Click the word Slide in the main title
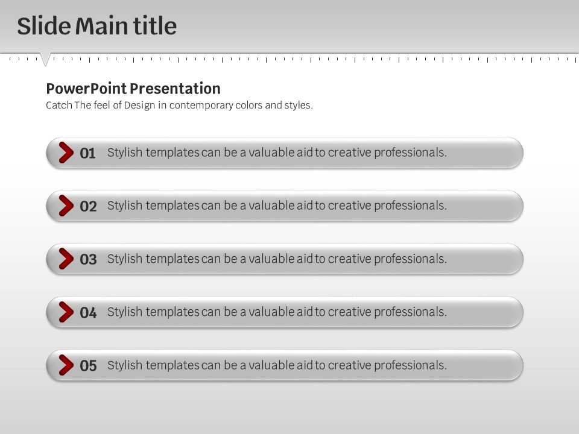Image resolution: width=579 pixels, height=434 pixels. pos(44,26)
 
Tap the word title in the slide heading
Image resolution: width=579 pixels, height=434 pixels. pos(155,26)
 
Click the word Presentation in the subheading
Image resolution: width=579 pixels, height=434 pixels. pos(175,89)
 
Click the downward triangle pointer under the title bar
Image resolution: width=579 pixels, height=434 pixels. pos(45,59)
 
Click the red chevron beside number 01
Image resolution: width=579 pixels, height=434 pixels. pos(66,153)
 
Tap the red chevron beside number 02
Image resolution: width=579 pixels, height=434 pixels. pos(66,206)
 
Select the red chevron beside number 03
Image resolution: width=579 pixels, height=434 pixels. pos(66,259)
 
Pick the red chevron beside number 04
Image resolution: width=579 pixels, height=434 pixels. pos(66,312)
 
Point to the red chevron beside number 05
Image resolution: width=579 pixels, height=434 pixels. pos(66,365)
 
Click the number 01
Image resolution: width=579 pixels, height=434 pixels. pos(88,153)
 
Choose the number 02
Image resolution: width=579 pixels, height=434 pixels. pos(88,206)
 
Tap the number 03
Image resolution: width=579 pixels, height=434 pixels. pos(88,259)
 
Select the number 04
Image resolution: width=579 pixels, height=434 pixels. pos(88,313)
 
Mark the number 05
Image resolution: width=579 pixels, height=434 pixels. pos(88,366)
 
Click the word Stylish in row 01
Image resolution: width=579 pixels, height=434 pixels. pos(125,153)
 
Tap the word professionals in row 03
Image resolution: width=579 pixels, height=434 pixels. pos(410,259)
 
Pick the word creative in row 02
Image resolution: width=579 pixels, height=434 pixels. pos(349,206)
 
